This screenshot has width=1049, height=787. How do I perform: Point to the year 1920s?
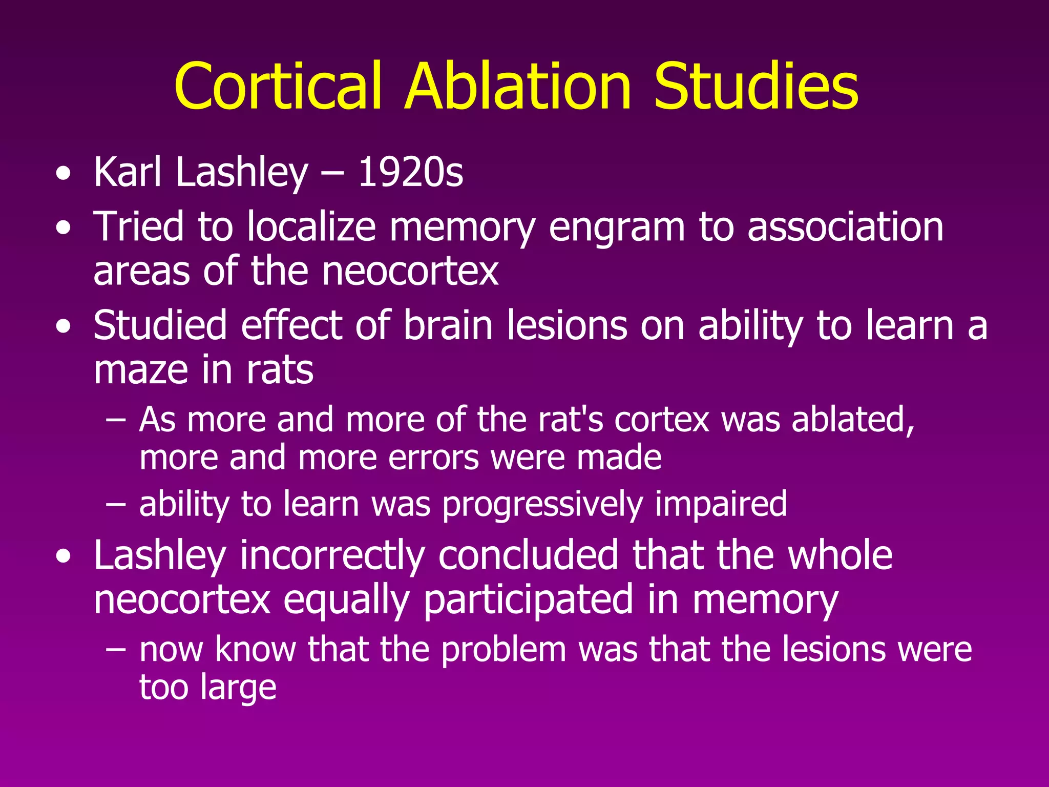point(410,172)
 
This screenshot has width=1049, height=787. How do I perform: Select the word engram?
point(616,228)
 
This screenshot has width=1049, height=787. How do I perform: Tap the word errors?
point(433,457)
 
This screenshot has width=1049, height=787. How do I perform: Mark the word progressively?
point(542,505)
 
